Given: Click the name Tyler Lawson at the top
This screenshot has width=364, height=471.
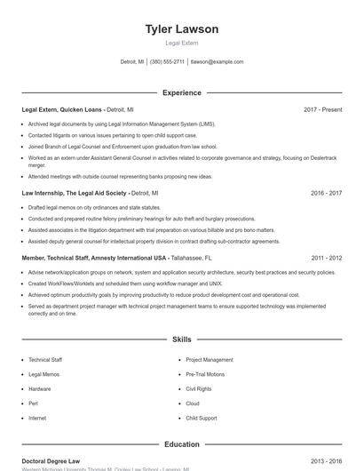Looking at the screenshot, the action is [x=181, y=29].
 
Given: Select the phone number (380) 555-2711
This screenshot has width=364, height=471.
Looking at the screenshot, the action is [x=167, y=62].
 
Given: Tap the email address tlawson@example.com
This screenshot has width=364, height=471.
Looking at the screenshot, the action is [x=217, y=62].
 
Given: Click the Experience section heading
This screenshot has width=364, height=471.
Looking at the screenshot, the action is [x=181, y=92].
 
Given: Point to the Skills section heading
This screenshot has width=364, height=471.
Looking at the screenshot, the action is [x=181, y=339].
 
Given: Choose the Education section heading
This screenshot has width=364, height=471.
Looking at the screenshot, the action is [x=181, y=444].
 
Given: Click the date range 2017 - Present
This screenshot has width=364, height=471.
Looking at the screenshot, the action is [x=322, y=110].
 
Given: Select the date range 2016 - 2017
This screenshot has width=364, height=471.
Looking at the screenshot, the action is [x=326, y=193].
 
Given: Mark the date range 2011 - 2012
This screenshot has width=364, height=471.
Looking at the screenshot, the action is [x=326, y=258].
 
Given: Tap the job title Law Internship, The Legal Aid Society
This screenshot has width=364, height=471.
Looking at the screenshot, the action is [x=75, y=193].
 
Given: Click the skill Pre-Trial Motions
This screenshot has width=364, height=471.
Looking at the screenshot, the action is [x=205, y=375].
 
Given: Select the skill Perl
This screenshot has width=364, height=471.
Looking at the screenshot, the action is [x=33, y=403].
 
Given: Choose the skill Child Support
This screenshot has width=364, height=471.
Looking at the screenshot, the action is [x=202, y=418].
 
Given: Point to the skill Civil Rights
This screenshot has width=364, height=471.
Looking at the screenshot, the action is [x=199, y=389].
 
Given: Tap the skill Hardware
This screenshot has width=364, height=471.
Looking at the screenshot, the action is [x=40, y=389].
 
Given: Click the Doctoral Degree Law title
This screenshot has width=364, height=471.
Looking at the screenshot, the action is [x=51, y=462].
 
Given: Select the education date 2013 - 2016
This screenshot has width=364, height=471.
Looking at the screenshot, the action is [x=326, y=462].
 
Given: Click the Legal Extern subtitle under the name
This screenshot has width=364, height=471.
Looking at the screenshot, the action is [x=181, y=44].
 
